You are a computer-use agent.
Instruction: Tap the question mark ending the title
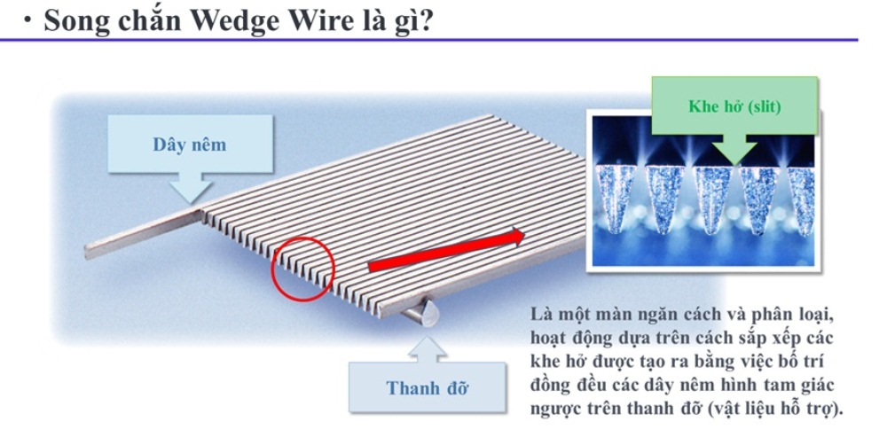pyautogui.click(x=426, y=20)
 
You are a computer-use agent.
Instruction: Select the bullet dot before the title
pyautogui.click(x=27, y=20)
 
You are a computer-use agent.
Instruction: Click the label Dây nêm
pyautogui.click(x=190, y=144)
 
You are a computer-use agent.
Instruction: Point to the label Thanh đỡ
pyautogui.click(x=428, y=388)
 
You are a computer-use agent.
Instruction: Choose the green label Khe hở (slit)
pyautogui.click(x=734, y=106)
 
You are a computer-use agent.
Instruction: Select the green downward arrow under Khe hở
pyautogui.click(x=734, y=149)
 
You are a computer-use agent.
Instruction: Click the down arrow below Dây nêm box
pyautogui.click(x=191, y=187)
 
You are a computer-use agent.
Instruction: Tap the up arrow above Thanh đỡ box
pyautogui.click(x=428, y=350)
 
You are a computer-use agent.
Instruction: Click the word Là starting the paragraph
pyautogui.click(x=540, y=313)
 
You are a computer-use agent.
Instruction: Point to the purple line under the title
pyautogui.click(x=428, y=40)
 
